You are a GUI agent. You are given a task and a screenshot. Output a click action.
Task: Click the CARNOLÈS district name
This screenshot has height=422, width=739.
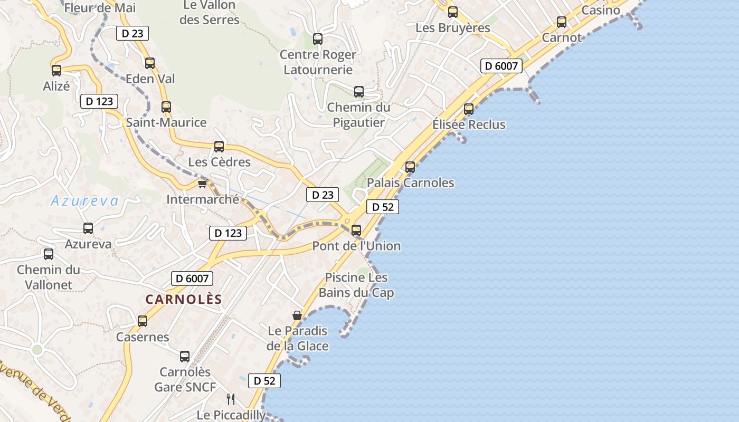point(184,299)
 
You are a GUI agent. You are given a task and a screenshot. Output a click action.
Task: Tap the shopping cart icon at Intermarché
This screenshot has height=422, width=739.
point(202,184)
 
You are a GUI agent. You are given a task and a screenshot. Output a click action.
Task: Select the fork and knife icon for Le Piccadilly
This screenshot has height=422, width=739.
point(230,399)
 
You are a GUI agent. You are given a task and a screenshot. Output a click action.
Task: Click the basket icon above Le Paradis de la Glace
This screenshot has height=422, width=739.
point(297,315)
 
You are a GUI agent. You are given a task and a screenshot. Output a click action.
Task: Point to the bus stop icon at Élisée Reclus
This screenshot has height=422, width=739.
point(469,109)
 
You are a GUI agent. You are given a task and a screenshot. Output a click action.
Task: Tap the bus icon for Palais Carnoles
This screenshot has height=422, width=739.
point(410,167)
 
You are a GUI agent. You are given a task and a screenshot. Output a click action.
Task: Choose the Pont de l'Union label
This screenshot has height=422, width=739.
point(356,246)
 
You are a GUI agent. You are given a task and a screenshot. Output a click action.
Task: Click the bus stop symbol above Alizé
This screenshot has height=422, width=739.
point(56,70)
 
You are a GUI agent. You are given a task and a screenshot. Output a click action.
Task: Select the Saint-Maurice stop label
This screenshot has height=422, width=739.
point(166,122)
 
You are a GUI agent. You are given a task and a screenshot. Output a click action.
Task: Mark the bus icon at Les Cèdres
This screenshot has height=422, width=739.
point(219,147)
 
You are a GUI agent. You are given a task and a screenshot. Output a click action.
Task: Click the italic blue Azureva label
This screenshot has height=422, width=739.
point(85,200)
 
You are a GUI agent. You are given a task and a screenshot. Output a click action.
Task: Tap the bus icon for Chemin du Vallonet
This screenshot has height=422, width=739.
point(49,254)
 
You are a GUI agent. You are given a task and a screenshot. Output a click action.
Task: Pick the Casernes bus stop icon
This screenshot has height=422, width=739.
point(143,321)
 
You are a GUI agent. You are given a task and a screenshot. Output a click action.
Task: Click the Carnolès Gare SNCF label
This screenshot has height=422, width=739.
point(185,379)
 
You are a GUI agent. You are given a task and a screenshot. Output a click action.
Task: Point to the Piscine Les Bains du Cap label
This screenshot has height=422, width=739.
point(356,285)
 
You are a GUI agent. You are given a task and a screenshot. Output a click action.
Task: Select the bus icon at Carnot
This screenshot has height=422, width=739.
point(562,22)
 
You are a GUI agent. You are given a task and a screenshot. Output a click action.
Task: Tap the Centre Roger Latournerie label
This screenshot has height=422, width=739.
point(318,62)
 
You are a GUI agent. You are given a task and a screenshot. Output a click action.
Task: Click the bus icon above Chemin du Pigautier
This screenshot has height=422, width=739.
point(359,91)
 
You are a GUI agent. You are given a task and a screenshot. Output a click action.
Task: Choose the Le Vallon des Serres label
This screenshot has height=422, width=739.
point(210,12)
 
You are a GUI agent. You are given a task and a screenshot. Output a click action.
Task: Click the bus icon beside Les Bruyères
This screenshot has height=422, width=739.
point(453,12)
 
